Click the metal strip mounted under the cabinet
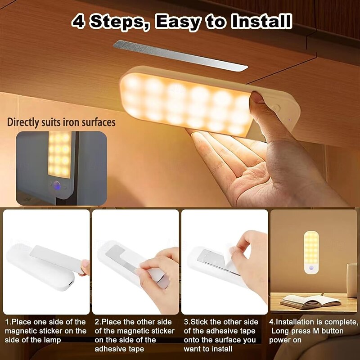point(180,55)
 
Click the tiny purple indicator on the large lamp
point(289,120)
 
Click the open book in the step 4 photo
point(310,301)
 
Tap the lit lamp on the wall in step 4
point(311,252)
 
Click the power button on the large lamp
point(276,108)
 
